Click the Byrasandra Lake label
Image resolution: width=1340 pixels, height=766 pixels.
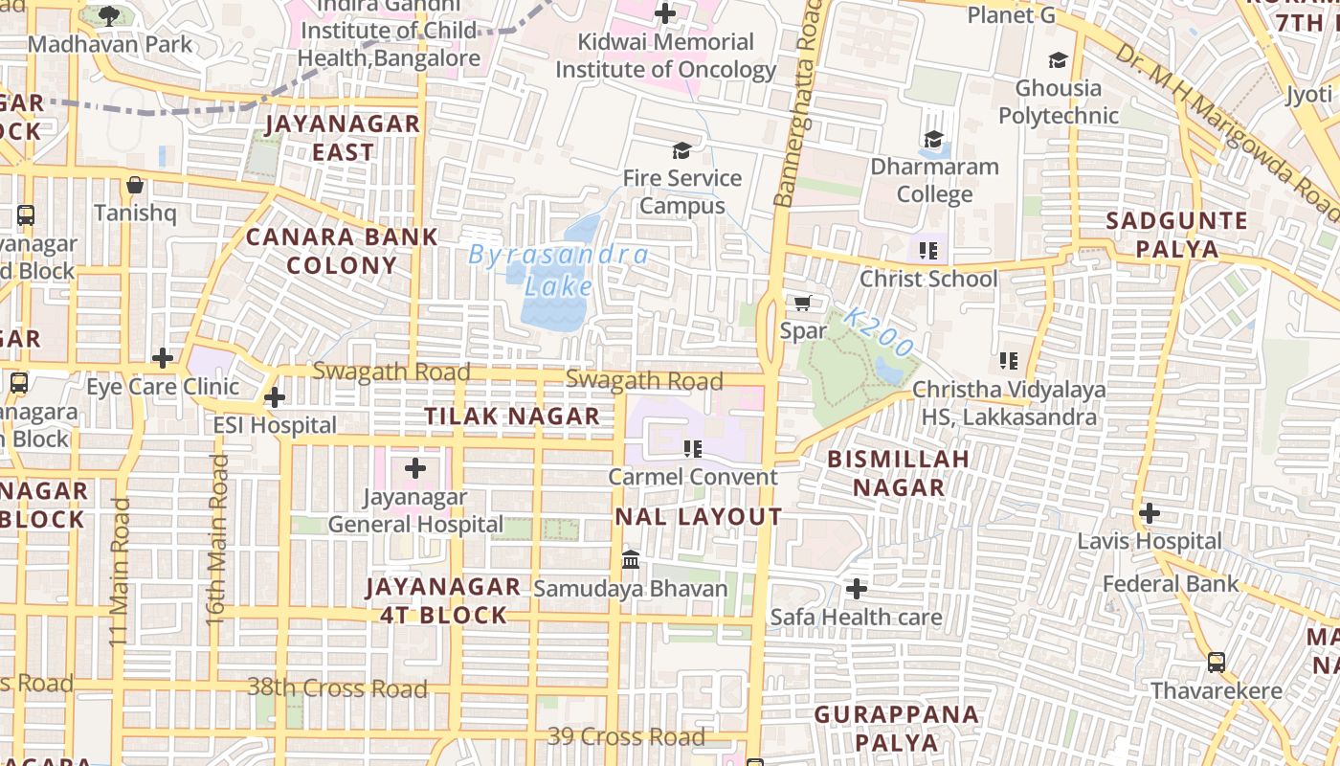click(x=558, y=270)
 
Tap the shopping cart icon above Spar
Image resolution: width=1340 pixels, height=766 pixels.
click(x=803, y=304)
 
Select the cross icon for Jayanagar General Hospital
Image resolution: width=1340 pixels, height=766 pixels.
click(x=415, y=468)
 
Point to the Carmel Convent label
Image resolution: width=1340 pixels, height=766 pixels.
click(x=694, y=477)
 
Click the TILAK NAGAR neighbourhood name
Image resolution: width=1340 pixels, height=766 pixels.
click(x=512, y=417)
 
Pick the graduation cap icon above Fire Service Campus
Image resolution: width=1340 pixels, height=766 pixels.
click(x=681, y=150)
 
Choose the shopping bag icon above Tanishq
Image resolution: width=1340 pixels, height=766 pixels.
click(x=135, y=185)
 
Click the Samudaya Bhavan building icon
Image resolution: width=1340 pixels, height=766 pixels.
click(x=631, y=559)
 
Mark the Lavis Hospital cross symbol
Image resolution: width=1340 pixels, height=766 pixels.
click(x=1150, y=513)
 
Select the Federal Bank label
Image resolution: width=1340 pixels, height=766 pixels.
click(x=1170, y=584)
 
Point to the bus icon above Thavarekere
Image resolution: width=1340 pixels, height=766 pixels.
click(x=1216, y=662)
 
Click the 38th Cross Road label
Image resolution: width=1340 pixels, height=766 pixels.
click(x=337, y=687)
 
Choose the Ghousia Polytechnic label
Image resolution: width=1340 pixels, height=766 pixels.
click(x=1059, y=101)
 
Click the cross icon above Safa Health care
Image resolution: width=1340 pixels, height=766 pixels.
click(x=857, y=588)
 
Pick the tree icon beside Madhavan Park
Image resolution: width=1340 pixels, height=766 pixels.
click(x=109, y=15)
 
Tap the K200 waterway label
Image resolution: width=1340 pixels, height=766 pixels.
click(x=880, y=332)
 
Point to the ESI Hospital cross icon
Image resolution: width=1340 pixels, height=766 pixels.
click(x=275, y=396)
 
